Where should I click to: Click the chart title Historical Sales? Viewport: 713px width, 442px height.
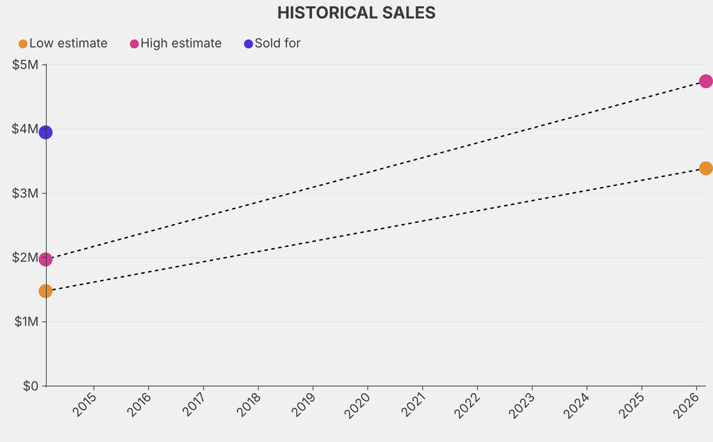tap(356, 13)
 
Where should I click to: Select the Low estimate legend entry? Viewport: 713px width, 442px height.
tap(63, 43)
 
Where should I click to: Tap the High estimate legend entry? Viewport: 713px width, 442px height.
tap(176, 43)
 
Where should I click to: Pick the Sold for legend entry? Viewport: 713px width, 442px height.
tap(272, 43)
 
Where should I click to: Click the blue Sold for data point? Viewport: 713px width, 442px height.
tap(46, 132)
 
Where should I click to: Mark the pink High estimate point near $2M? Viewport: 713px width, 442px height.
tap(46, 259)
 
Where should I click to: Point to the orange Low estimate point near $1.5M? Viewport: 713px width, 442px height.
tap(46, 291)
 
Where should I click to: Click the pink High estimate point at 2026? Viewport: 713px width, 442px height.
tap(705, 81)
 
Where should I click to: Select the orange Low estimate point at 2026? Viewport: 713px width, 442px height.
tap(705, 168)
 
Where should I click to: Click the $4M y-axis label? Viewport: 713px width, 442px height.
tap(26, 129)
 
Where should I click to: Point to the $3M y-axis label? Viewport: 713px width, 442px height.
tap(26, 193)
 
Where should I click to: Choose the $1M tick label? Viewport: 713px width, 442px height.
tap(26, 321)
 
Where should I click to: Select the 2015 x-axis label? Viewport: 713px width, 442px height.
tap(86, 404)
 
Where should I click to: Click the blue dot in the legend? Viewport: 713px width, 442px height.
tap(249, 44)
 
